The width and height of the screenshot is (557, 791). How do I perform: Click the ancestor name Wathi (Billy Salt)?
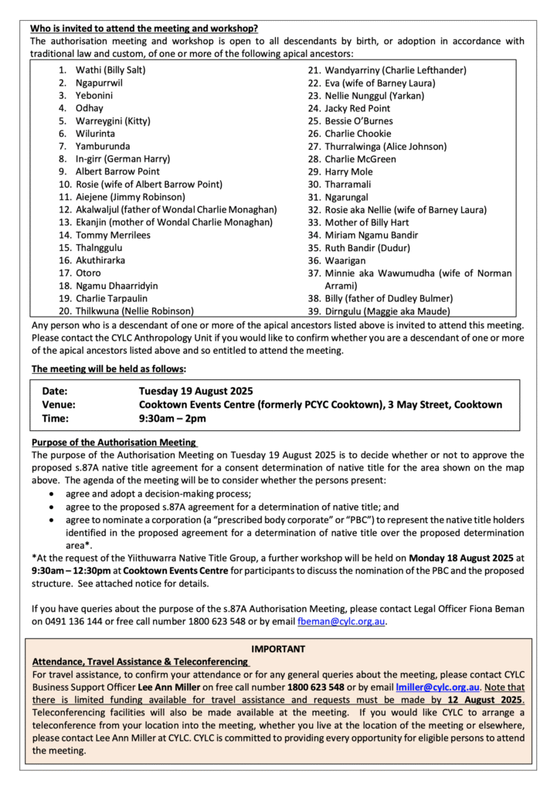(110, 70)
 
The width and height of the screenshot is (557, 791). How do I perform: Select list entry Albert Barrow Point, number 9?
(117, 171)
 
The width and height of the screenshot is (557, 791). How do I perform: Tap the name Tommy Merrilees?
(113, 235)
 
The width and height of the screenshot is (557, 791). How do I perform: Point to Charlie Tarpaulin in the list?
(111, 298)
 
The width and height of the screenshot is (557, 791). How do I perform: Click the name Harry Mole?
(349, 171)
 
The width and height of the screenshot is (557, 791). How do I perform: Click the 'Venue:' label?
(60, 405)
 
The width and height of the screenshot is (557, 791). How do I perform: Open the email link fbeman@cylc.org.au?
(341, 620)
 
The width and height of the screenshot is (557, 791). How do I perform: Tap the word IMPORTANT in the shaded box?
(278, 649)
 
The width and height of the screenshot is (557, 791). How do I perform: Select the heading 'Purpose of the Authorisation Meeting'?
(114, 443)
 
